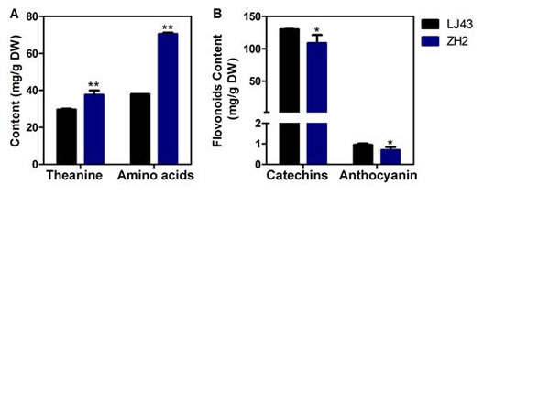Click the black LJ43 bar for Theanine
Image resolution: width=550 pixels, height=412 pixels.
66,136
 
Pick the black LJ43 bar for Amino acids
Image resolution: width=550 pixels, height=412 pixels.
140,129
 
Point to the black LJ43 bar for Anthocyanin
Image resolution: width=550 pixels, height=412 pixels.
363,154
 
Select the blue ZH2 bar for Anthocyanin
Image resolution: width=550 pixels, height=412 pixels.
390,157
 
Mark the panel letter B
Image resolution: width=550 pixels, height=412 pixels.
216,12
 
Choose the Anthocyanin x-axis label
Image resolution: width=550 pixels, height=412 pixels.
379,175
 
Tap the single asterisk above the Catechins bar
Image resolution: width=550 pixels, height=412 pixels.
316,31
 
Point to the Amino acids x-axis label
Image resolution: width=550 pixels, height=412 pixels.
154,175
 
